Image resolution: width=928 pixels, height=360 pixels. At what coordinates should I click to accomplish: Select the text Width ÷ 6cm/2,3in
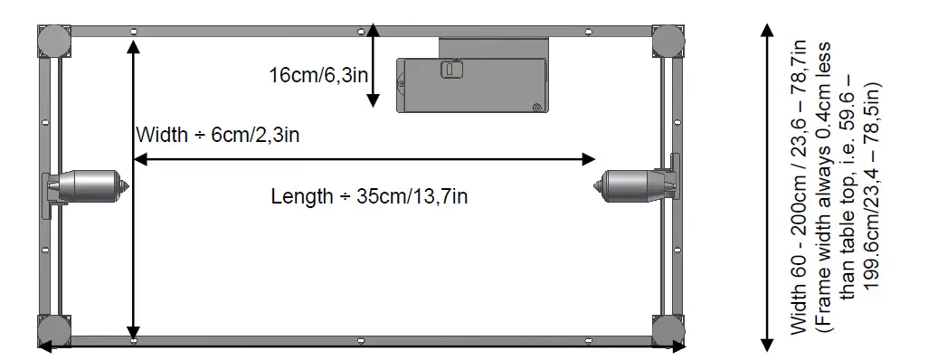[217, 136]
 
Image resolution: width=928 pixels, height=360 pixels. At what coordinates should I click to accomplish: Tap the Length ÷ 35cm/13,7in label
[369, 195]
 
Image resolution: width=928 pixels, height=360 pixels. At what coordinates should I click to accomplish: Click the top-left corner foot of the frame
[52, 41]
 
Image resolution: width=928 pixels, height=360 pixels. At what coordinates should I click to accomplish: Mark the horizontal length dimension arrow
[365, 160]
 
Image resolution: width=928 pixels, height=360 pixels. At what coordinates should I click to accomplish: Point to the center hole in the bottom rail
[360, 340]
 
